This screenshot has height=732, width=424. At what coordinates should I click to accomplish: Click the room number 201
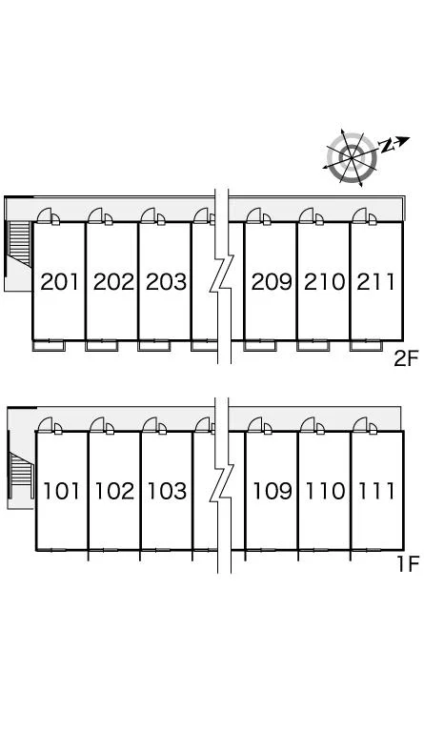(59, 281)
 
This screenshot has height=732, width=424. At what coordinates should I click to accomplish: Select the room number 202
(113, 281)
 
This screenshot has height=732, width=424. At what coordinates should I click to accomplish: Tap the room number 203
(166, 281)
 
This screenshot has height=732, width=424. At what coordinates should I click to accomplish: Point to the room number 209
(272, 281)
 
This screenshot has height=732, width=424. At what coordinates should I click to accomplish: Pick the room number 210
(325, 281)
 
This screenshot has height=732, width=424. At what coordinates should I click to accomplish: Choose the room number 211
(376, 281)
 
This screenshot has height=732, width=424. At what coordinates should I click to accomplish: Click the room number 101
(62, 491)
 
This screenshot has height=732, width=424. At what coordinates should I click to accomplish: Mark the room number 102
(114, 491)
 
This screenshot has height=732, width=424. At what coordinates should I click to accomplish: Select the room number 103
(167, 491)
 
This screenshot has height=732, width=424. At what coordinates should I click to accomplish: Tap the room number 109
(273, 491)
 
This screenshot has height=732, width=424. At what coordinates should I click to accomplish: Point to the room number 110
(325, 491)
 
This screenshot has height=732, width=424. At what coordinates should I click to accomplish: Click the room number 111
(377, 491)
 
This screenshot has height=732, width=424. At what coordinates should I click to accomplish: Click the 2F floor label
(406, 358)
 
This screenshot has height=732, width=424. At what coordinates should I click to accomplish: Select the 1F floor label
(408, 564)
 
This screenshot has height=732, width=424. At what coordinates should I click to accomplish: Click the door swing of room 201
(45, 215)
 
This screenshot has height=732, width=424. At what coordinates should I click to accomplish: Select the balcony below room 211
(366, 346)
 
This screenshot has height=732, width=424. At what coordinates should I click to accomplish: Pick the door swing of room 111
(360, 424)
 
